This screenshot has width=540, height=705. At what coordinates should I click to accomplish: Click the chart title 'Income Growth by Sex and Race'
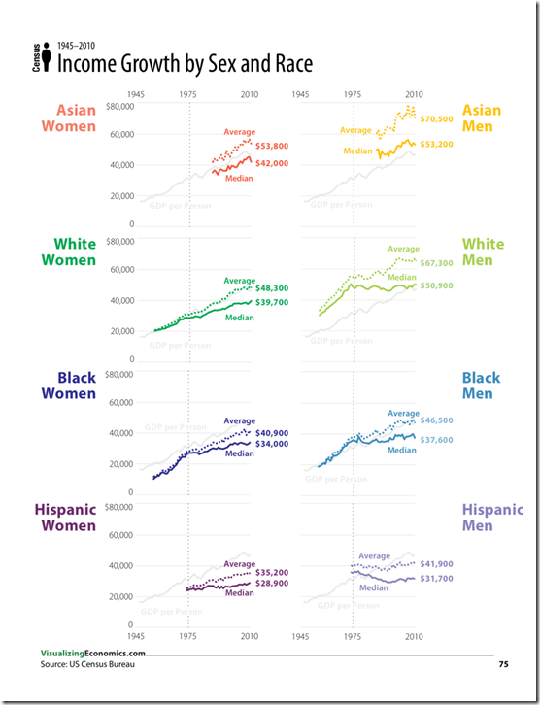(x=185, y=65)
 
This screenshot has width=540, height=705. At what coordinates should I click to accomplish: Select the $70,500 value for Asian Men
(x=437, y=120)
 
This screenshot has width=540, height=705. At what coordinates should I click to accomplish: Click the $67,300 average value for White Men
(x=437, y=263)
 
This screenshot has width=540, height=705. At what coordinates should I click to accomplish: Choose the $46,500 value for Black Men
(x=437, y=420)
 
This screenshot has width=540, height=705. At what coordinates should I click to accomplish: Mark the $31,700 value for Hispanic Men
(x=437, y=580)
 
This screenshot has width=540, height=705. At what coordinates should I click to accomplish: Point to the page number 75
(x=503, y=664)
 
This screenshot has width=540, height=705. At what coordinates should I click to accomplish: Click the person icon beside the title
(x=48, y=61)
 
